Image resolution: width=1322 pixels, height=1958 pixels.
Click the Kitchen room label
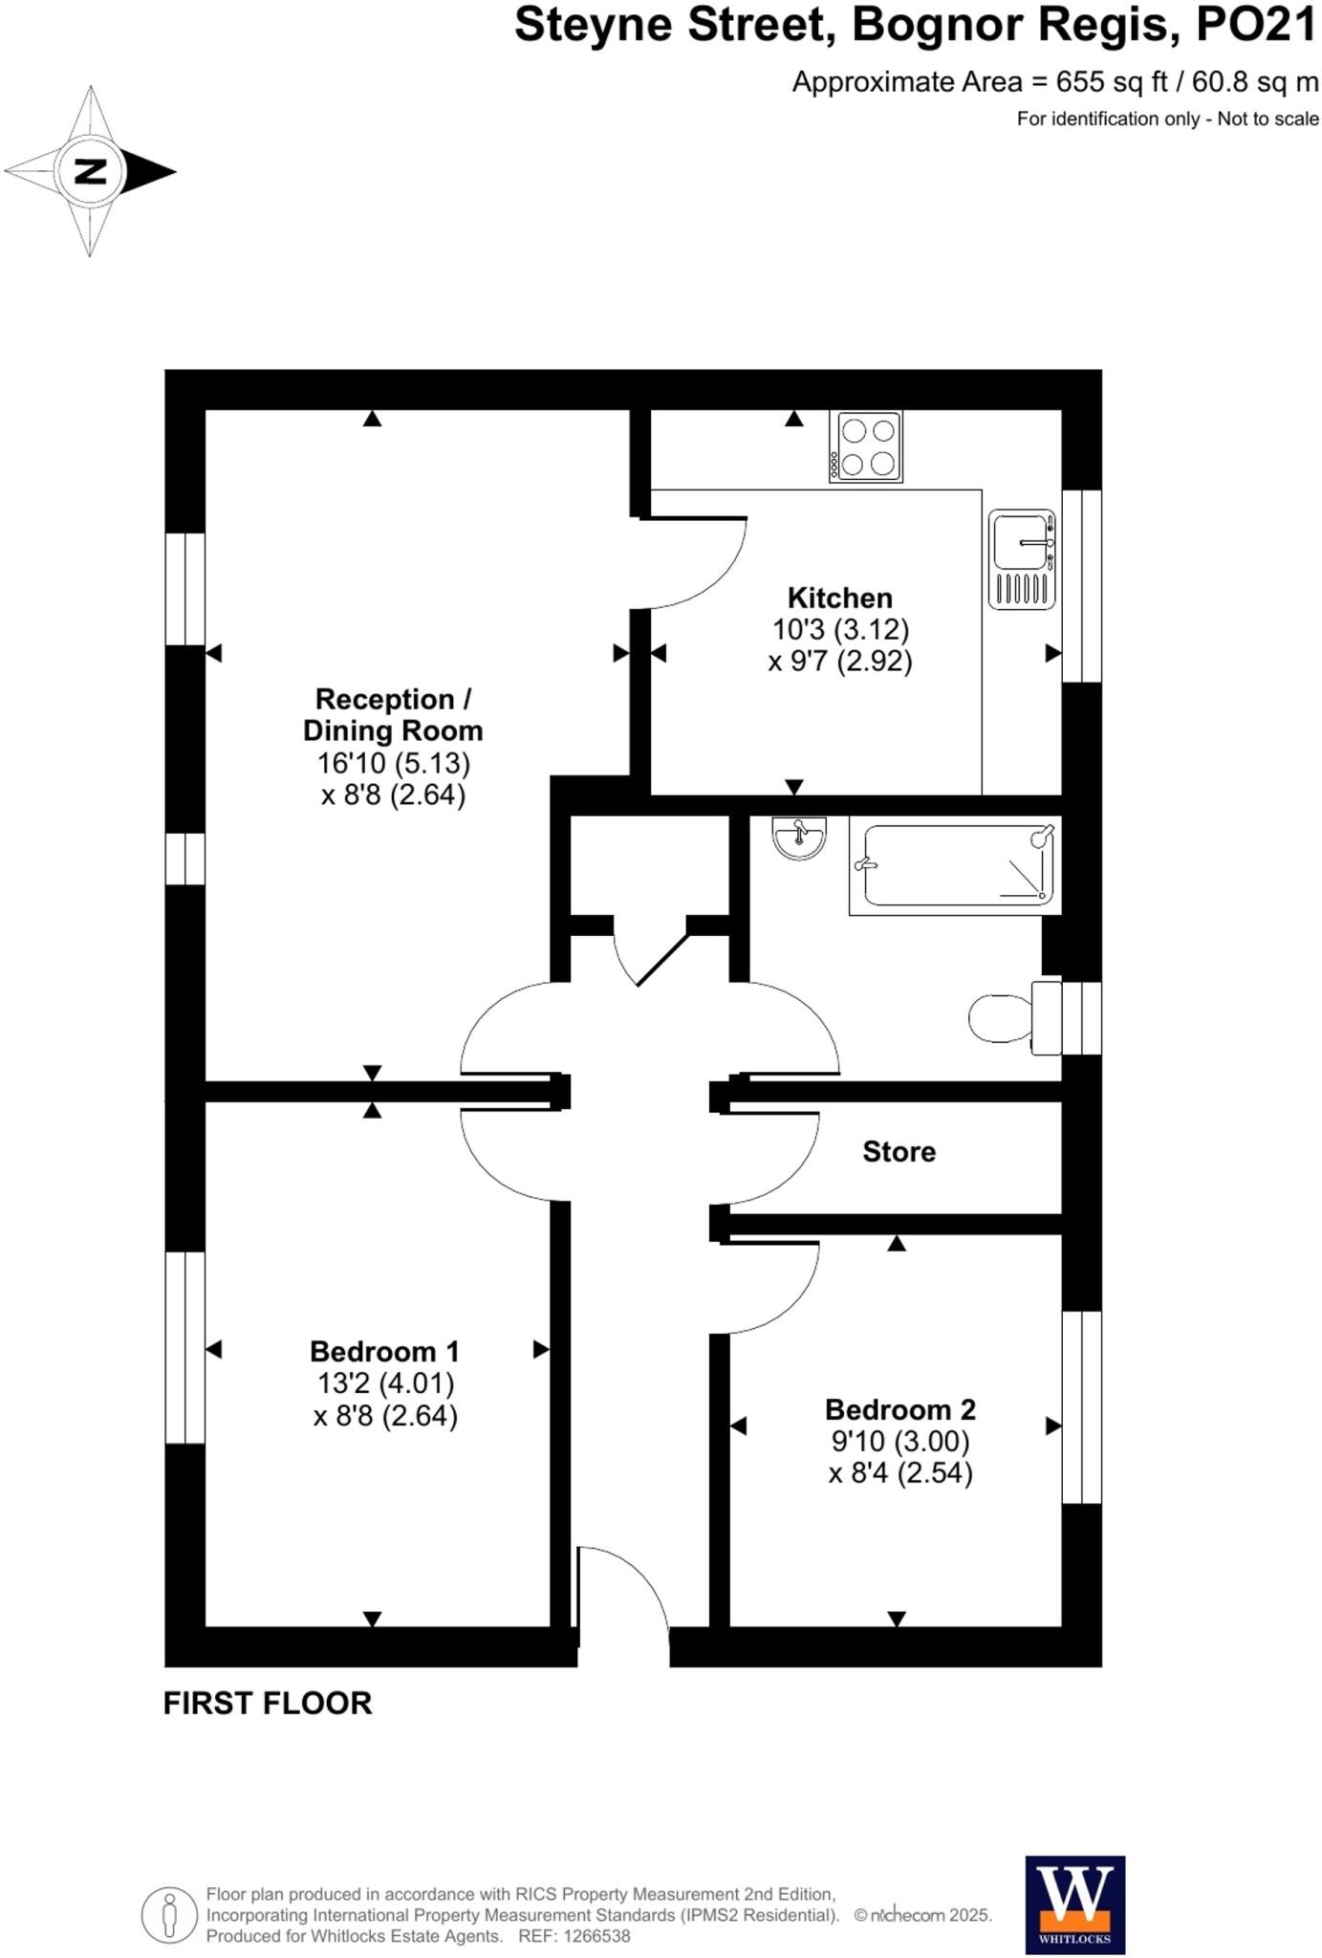(x=839, y=598)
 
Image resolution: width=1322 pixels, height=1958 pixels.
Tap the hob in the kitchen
(x=865, y=446)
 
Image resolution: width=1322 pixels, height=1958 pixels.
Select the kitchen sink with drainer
(x=1022, y=559)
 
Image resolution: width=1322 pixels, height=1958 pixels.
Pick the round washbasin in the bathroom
(x=798, y=838)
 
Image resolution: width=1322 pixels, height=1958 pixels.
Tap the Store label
(x=899, y=1152)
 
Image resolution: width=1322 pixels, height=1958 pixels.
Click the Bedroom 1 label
(x=384, y=1352)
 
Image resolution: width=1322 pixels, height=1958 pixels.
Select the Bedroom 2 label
(x=899, y=1410)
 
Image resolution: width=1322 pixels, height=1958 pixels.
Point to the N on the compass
(x=90, y=172)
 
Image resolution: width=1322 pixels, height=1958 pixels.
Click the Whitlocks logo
(x=1074, y=1904)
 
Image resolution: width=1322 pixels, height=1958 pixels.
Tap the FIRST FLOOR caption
(x=268, y=1704)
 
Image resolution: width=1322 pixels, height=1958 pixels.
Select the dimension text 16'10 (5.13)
(x=394, y=763)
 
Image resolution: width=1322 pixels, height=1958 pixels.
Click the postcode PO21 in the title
(x=1256, y=26)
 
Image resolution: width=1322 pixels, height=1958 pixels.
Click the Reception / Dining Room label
(x=393, y=715)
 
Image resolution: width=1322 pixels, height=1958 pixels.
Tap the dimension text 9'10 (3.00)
(x=899, y=1441)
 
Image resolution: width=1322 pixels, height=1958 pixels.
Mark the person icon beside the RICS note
(x=170, y=1915)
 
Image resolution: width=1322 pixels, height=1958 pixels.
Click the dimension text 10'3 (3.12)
(x=840, y=630)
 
